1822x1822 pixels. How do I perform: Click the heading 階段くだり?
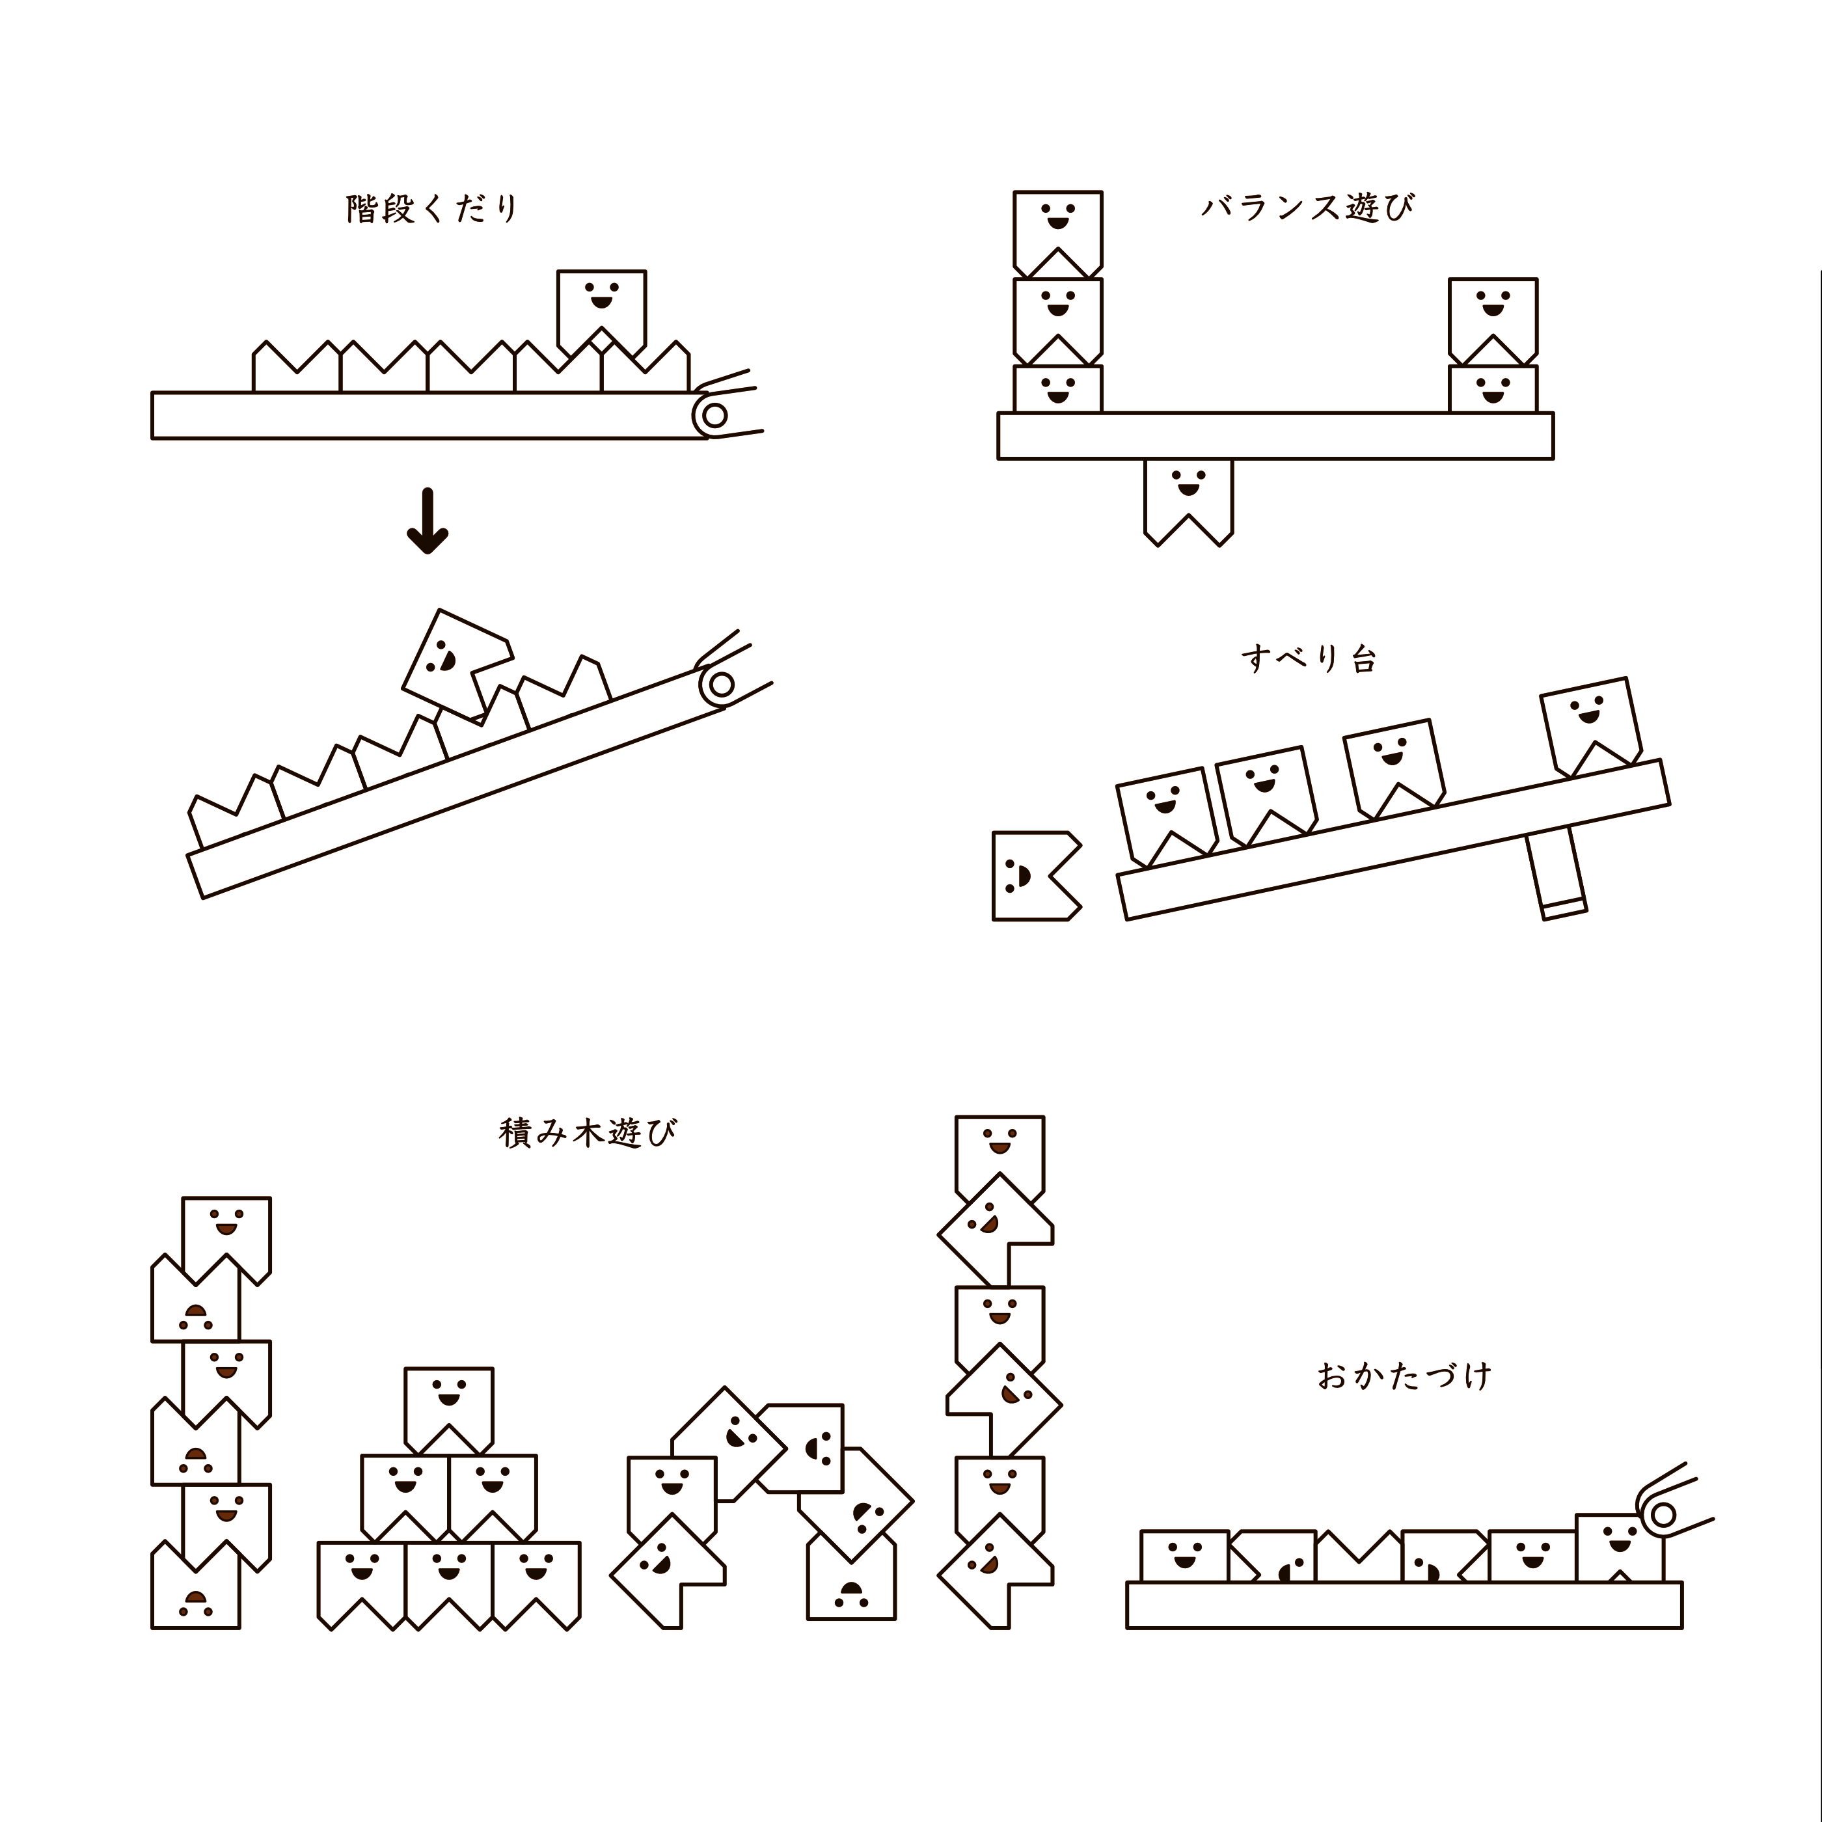[433, 208]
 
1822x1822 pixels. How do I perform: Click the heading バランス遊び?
[1308, 206]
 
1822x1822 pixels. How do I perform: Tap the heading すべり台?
[1309, 659]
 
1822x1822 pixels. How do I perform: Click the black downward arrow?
[428, 521]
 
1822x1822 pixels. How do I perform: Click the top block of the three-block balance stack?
[1057, 226]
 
